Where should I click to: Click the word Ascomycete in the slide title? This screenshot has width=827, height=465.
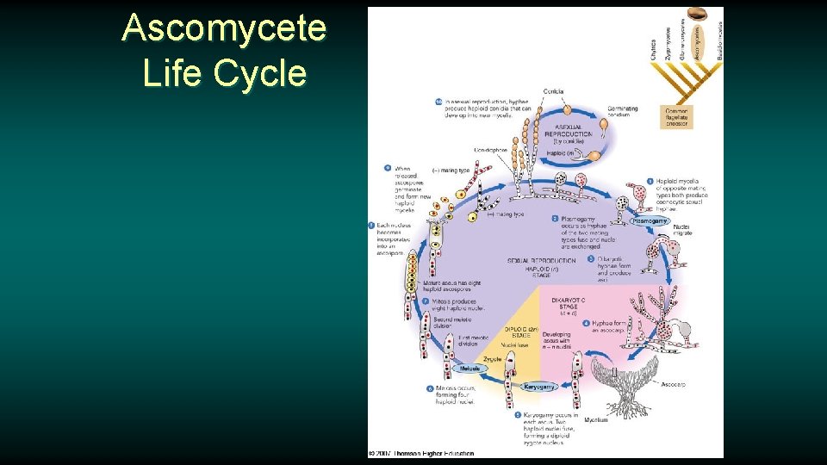click(224, 28)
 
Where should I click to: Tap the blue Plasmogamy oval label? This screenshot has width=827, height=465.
click(650, 221)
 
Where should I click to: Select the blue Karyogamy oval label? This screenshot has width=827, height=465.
click(538, 387)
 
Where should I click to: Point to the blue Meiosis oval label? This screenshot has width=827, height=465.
click(470, 368)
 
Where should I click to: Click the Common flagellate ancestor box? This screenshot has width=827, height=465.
click(676, 116)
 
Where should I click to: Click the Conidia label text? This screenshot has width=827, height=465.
click(554, 92)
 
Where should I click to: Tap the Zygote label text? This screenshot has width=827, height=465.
click(492, 358)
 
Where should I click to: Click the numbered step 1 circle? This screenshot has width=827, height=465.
click(650, 182)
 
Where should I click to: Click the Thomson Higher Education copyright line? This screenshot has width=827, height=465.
click(422, 453)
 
